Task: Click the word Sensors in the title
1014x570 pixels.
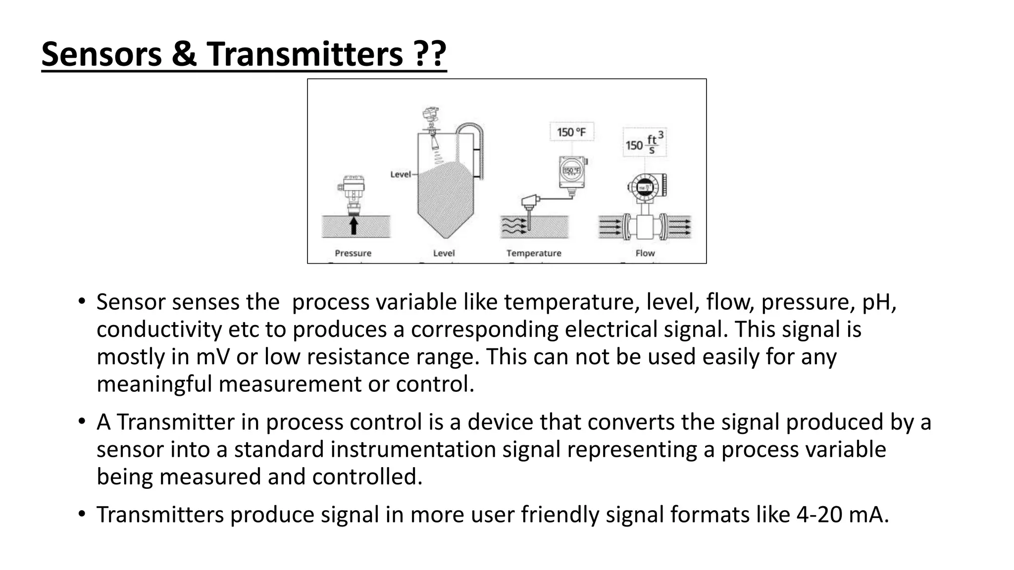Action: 101,54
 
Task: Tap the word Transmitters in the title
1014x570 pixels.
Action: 304,54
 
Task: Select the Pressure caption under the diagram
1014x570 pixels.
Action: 353,253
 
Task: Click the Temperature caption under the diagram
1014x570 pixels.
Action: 534,253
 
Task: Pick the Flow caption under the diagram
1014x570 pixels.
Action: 645,253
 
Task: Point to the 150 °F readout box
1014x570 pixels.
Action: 571,132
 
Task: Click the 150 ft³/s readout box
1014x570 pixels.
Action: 644,143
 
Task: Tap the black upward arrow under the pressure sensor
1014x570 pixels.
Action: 354,226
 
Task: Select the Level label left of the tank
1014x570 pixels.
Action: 401,174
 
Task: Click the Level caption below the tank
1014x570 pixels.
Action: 444,253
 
